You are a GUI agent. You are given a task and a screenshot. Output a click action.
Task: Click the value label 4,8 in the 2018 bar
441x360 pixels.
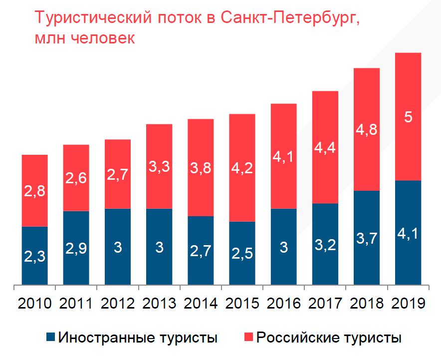[x=367, y=129]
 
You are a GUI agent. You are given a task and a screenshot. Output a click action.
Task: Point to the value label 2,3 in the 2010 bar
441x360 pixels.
[x=35, y=257]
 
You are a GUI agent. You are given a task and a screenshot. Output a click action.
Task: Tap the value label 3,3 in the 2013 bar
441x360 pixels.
[x=160, y=167]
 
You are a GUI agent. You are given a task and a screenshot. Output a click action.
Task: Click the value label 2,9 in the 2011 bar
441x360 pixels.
[x=76, y=248]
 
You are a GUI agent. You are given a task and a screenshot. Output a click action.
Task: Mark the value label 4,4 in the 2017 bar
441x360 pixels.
[x=325, y=148]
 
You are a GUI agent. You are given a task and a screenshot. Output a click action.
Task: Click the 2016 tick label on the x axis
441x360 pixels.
[x=284, y=303]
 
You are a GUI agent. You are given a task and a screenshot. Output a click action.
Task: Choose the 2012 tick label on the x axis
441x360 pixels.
[x=118, y=303]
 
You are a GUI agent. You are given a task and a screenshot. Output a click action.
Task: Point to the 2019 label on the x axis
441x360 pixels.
[x=408, y=303]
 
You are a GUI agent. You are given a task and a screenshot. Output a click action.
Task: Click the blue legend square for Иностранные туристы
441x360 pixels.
[x=49, y=338]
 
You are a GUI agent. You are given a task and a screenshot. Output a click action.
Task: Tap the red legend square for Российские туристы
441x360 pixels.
[x=248, y=338]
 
